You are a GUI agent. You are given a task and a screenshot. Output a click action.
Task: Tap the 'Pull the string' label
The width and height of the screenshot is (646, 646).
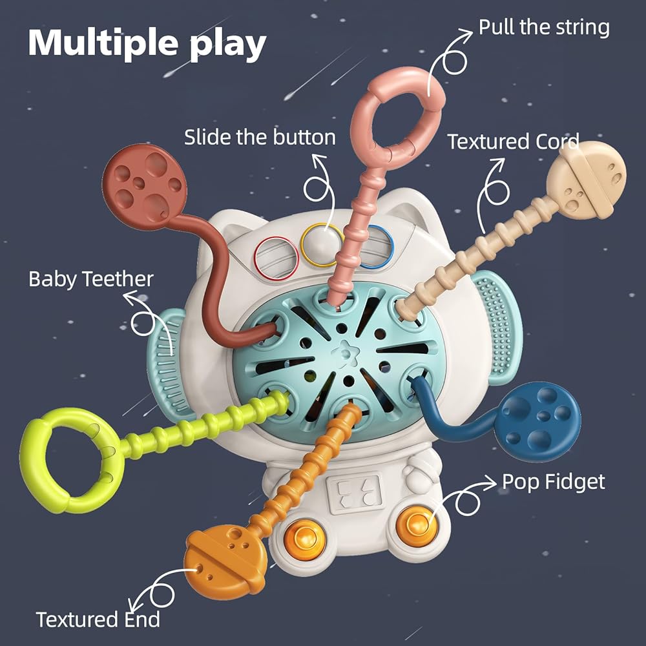pos(544,28)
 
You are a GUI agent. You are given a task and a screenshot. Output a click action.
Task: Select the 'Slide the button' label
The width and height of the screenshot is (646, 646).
pos(260,137)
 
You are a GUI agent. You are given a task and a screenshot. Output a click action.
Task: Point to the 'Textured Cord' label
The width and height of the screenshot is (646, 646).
pos(514,141)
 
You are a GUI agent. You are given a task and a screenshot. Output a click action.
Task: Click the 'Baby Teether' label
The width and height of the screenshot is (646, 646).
pos(91,279)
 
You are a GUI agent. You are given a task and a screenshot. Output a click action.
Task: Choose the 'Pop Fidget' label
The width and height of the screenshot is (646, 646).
pos(554,482)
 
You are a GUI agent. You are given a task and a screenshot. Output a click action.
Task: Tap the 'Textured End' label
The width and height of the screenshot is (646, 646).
pos(98,620)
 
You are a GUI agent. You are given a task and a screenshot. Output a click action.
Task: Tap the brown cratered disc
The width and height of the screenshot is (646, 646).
pos(144,186)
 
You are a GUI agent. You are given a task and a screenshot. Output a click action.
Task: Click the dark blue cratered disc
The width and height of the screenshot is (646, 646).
pos(537,421)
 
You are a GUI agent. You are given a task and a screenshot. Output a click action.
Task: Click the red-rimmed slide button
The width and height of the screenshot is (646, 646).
pos(276,258)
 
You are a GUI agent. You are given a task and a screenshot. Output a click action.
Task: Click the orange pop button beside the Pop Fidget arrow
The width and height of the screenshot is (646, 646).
pos(416,524)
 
